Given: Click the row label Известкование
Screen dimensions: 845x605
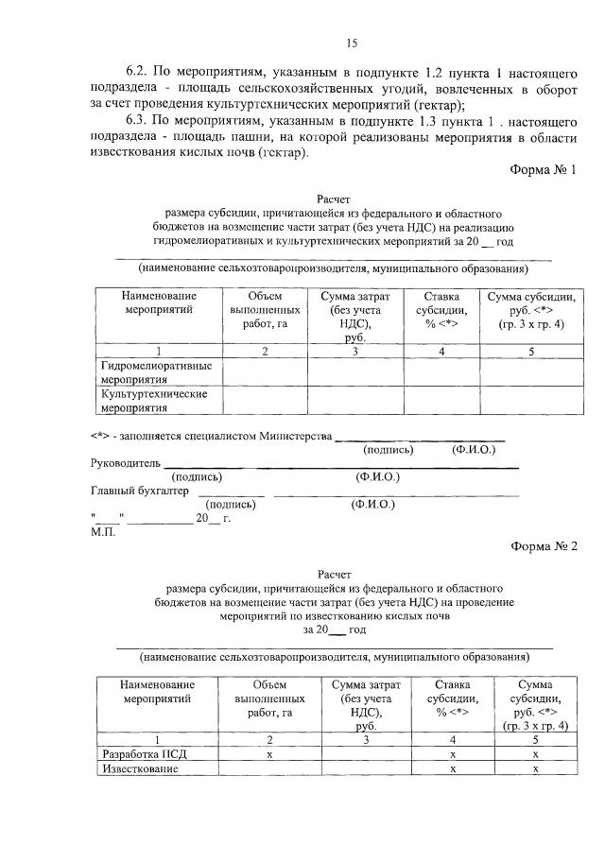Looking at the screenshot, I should click(140, 769).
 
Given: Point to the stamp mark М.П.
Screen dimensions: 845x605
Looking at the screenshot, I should click(103, 531).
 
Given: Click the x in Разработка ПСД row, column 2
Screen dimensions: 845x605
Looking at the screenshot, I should click(269, 755).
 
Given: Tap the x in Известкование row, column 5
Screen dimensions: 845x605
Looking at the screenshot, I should click(536, 769).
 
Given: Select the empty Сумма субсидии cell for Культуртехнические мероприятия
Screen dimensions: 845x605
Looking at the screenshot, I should click(530, 401).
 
